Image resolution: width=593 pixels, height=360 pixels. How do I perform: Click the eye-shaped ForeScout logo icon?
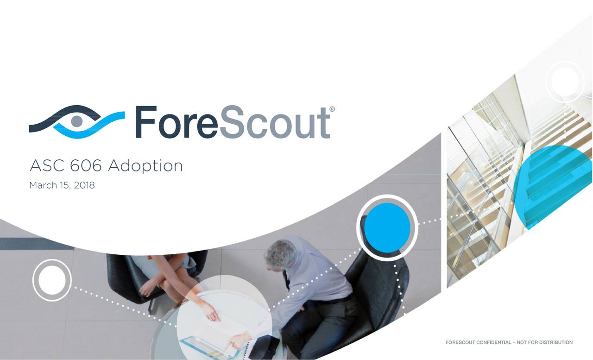76,121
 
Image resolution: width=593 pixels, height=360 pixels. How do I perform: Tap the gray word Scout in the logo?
274,122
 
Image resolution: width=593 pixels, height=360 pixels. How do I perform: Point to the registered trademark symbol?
332,110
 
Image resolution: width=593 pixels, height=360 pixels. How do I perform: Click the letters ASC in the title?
46,165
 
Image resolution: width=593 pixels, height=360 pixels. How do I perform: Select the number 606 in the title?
87,165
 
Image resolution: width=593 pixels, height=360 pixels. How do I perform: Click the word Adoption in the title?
145,166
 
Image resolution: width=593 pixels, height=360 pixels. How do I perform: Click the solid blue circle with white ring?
387,228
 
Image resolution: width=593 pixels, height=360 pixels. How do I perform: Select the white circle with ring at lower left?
52,280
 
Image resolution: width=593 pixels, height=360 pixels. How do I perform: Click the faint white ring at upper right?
565,81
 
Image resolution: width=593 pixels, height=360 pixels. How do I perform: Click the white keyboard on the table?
210,334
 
